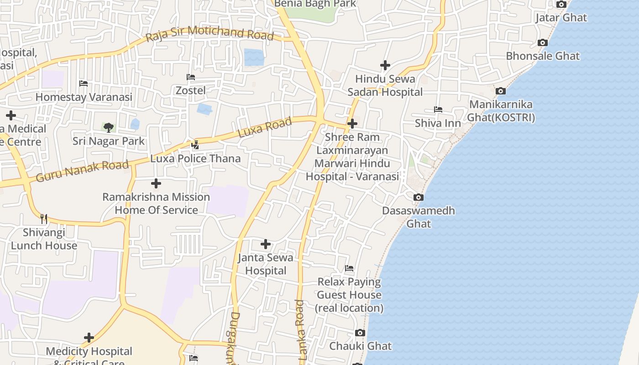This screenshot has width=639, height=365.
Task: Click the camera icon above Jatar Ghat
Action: coord(561,5)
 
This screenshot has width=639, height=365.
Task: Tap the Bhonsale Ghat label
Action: coord(543,56)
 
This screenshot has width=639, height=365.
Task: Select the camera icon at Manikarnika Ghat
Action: coord(501,91)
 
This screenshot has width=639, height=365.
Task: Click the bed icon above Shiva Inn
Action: coord(438,109)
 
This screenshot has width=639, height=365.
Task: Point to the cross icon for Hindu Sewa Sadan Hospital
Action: coord(385,65)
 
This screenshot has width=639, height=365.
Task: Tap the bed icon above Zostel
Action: coord(191,77)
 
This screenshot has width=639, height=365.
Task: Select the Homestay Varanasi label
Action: coord(84,97)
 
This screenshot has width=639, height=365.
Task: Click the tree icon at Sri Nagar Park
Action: coord(108,127)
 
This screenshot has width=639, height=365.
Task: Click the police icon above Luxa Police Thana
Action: coord(195,145)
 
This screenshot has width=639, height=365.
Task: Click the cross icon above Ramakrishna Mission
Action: coord(156,183)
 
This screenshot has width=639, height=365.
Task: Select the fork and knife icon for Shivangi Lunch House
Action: coord(44,219)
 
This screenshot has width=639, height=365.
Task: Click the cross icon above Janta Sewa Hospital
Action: coord(265,244)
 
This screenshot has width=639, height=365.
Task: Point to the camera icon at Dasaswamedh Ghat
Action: coord(418,198)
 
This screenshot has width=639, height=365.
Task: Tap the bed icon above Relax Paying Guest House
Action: coord(349,268)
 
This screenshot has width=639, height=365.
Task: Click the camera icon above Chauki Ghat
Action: coord(360,333)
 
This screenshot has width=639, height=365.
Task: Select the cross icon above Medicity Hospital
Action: coord(89,338)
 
